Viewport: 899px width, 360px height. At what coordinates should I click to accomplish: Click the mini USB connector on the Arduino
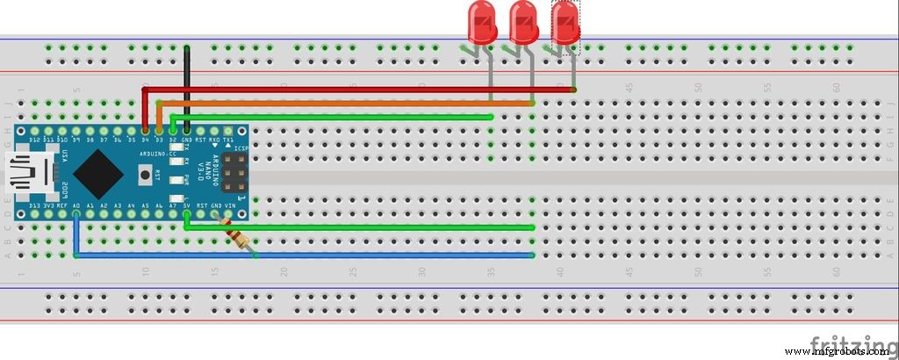(x=24, y=174)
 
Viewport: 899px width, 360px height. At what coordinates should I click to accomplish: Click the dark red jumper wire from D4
(x=351, y=90)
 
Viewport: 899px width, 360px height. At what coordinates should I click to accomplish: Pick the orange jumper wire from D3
(x=351, y=104)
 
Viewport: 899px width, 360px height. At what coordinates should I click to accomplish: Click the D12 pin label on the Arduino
(x=35, y=140)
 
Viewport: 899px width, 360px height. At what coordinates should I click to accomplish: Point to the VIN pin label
(x=229, y=206)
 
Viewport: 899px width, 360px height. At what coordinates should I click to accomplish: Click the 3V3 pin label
(x=49, y=206)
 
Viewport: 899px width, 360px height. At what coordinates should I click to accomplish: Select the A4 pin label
(x=131, y=206)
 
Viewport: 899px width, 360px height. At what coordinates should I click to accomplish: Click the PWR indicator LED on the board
(x=185, y=179)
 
